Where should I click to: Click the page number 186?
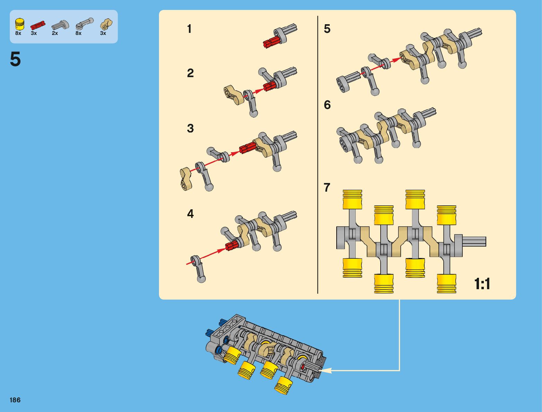pyautogui.click(x=15, y=400)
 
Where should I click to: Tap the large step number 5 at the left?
pyautogui.click(x=15, y=59)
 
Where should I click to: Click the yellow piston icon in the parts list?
pyautogui.click(x=20, y=24)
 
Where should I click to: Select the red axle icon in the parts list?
pyautogui.click(x=38, y=25)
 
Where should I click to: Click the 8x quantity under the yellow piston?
pyautogui.click(x=18, y=33)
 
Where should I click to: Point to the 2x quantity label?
pyautogui.click(x=55, y=33)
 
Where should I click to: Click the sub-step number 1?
pyautogui.click(x=189, y=29)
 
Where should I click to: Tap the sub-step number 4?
pyautogui.click(x=190, y=214)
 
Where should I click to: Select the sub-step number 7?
pyautogui.click(x=327, y=187)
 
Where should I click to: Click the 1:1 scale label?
pyautogui.click(x=482, y=284)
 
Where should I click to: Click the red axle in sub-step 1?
pyautogui.click(x=271, y=43)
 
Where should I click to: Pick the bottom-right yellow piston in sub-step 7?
pyautogui.click(x=446, y=284)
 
